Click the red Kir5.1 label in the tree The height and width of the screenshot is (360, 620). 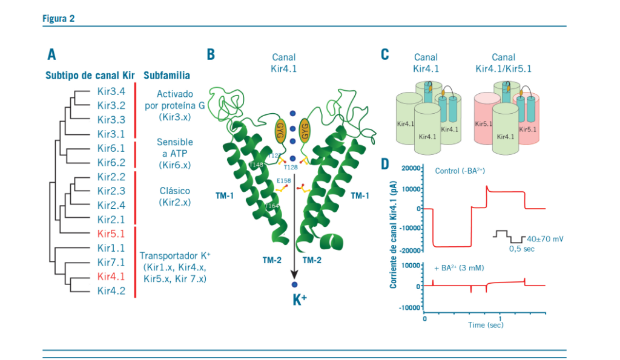click(111, 233)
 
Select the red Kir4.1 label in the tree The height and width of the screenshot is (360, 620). click(111, 277)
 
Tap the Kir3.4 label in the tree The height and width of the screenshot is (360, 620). click(111, 92)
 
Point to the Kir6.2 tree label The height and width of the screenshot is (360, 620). click(111, 162)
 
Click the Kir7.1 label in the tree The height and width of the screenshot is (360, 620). click(111, 262)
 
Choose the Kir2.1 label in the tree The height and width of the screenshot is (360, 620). click(111, 219)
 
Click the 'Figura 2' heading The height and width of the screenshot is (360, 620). click(58, 18)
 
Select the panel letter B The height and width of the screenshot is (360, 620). click(211, 54)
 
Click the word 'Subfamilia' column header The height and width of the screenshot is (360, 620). click(167, 76)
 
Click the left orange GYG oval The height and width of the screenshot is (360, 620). click(280, 129)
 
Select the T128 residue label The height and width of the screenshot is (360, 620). click(291, 166)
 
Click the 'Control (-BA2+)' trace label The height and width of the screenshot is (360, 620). click(460, 171)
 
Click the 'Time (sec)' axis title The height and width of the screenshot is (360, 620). click(485, 325)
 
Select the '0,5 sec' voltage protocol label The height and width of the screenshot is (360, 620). click(523, 248)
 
